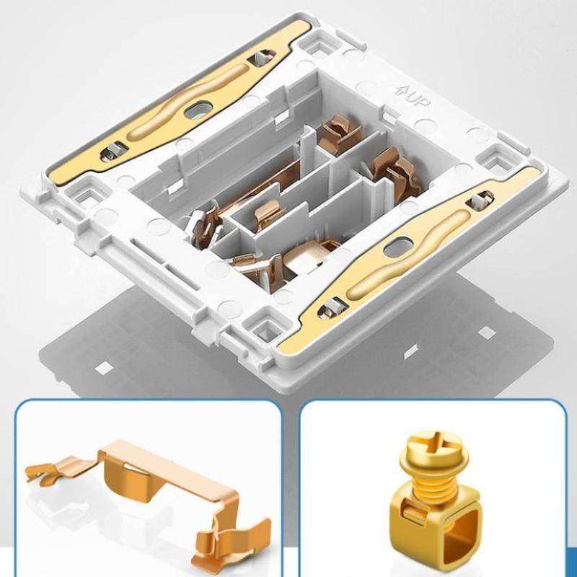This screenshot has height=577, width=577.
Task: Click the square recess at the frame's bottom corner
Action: tap(267, 330)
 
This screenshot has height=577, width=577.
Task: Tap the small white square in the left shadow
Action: tap(104, 368)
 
